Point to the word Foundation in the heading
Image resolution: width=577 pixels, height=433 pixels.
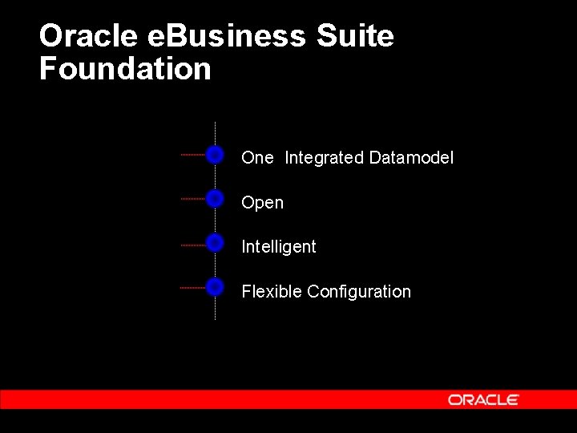[125, 69]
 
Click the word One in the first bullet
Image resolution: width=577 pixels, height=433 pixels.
[257, 158]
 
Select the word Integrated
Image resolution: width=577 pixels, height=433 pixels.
[324, 158]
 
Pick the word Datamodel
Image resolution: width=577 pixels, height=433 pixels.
[411, 158]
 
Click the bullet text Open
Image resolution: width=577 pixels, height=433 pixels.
[262, 203]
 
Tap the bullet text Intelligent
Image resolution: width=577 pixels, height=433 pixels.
[279, 247]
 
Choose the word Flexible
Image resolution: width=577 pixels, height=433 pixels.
[272, 292]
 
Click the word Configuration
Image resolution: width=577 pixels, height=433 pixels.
[359, 292]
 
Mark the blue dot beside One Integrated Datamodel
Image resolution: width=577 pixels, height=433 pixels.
[215, 155]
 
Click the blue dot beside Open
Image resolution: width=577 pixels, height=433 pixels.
[215, 198]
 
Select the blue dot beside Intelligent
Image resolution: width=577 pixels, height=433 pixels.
[215, 242]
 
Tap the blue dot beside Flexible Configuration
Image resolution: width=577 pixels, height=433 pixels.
[215, 286]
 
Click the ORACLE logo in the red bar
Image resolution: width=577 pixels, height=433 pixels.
[483, 399]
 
